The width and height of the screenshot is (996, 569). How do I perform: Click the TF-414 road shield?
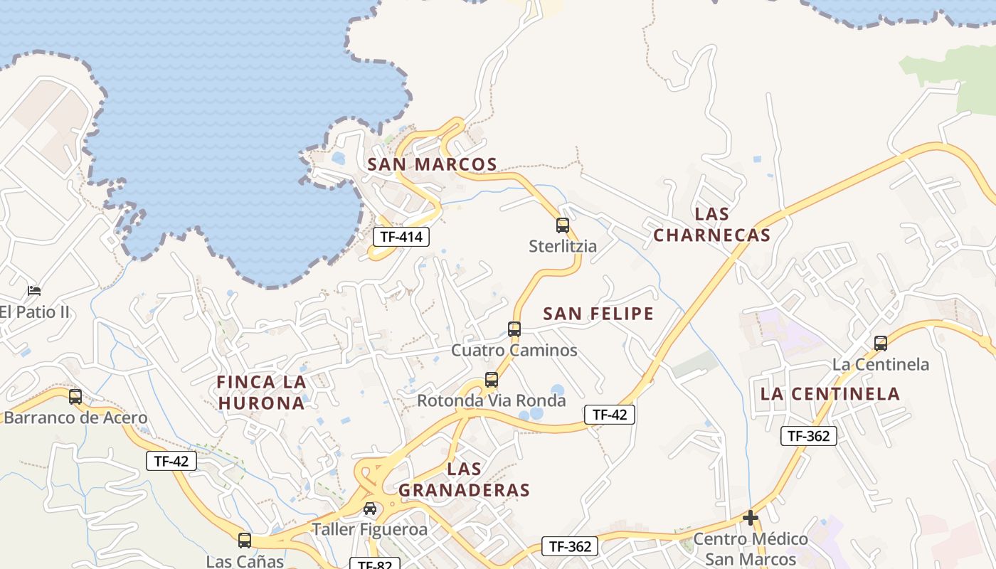(401, 237)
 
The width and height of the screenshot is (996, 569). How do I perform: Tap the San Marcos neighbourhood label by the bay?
(432, 164)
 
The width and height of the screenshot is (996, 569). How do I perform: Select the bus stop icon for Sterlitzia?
(563, 225)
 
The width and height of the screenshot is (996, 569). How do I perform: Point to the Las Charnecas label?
(712, 224)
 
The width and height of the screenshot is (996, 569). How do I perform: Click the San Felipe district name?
(598, 314)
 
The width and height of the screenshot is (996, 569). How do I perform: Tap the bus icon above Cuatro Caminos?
(514, 329)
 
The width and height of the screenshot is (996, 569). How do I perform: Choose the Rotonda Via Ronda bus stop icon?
(492, 380)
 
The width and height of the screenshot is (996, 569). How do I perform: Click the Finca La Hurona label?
(262, 393)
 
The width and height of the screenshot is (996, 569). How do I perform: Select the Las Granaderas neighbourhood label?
(465, 479)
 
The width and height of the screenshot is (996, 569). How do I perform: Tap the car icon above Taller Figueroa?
(370, 509)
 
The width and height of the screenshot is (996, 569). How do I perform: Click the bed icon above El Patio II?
(34, 290)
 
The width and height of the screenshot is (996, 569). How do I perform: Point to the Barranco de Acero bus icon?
(75, 397)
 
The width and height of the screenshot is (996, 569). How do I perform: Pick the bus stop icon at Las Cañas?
(245, 541)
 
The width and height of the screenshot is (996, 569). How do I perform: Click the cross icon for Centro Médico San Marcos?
(751, 518)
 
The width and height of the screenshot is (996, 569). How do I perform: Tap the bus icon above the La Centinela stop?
(881, 344)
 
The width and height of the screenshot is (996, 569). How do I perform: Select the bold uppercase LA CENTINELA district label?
(830, 393)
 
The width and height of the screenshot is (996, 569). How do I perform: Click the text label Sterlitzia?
(563, 246)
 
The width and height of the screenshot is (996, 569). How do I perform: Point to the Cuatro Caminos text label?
(514, 350)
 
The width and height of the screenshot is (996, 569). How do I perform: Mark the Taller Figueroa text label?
(370, 529)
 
